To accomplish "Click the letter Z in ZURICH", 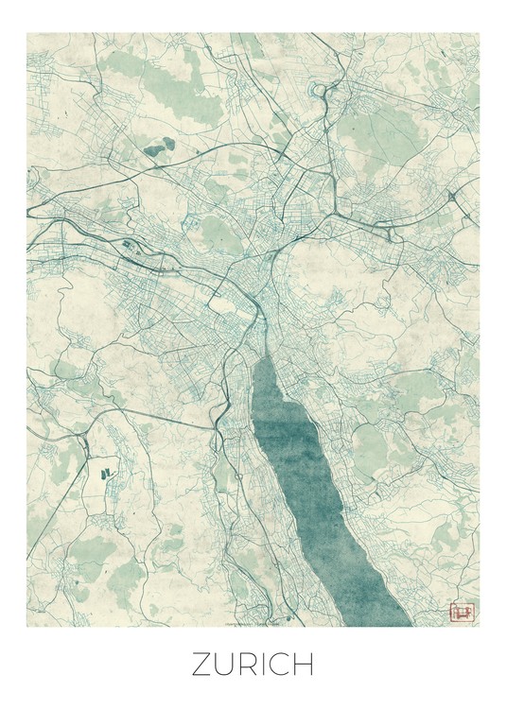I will point(203,666).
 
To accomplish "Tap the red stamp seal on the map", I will point(461,612).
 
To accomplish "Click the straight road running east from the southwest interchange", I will point(142,416).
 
